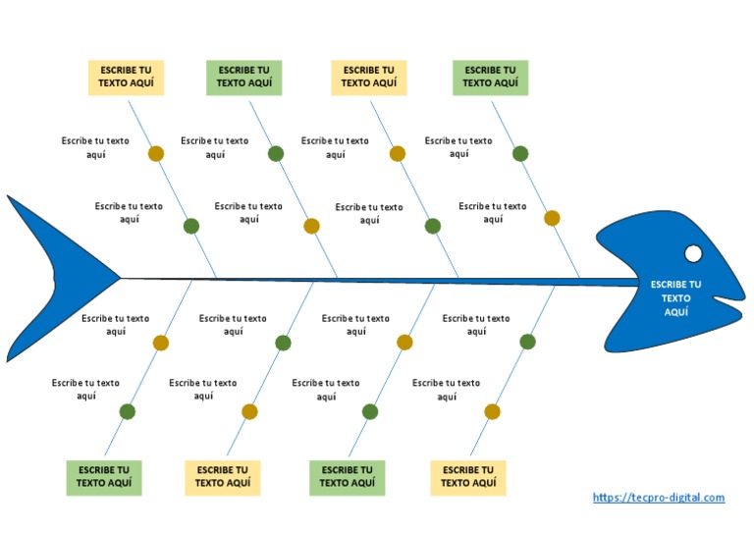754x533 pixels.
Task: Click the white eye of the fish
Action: click(x=693, y=254)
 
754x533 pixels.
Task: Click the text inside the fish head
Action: click(x=675, y=298)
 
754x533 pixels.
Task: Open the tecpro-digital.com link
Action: click(x=659, y=498)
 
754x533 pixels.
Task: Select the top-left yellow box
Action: click(x=126, y=78)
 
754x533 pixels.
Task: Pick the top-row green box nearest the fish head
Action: click(x=490, y=78)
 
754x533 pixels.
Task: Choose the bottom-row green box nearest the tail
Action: click(x=103, y=477)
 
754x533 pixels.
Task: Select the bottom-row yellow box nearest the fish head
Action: click(x=467, y=477)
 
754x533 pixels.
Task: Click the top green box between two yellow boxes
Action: click(x=243, y=78)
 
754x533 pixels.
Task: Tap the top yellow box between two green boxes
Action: click(x=369, y=78)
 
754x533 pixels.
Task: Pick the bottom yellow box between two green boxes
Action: click(x=223, y=477)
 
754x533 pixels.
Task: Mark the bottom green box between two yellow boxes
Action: click(x=347, y=477)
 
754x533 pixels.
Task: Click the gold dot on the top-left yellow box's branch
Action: click(x=155, y=153)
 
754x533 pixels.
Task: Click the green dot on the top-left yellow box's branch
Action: click(x=191, y=226)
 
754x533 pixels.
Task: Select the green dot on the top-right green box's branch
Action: click(x=520, y=153)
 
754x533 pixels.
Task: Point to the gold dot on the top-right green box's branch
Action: click(x=552, y=218)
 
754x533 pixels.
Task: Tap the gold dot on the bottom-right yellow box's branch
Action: click(x=492, y=411)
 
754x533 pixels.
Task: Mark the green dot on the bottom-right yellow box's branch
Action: click(x=527, y=342)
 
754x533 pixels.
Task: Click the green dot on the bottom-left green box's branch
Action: click(x=127, y=411)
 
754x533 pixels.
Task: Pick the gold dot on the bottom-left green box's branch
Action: click(x=161, y=343)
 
